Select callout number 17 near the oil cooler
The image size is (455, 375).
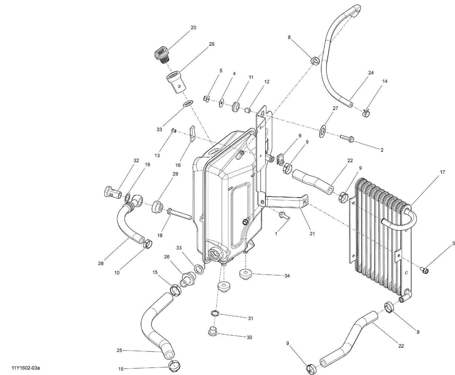(x=442, y=172)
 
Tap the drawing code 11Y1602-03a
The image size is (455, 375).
(x=26, y=368)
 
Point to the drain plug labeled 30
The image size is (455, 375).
(x=213, y=332)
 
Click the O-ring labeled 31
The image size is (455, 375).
(x=214, y=313)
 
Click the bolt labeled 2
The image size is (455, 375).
(x=346, y=139)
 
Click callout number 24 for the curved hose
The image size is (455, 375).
(x=371, y=73)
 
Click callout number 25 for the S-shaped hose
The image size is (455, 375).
(x=119, y=350)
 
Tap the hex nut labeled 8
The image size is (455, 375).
(x=314, y=60)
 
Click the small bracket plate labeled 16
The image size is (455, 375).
(x=192, y=134)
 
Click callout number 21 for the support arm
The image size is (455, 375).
(x=312, y=234)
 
